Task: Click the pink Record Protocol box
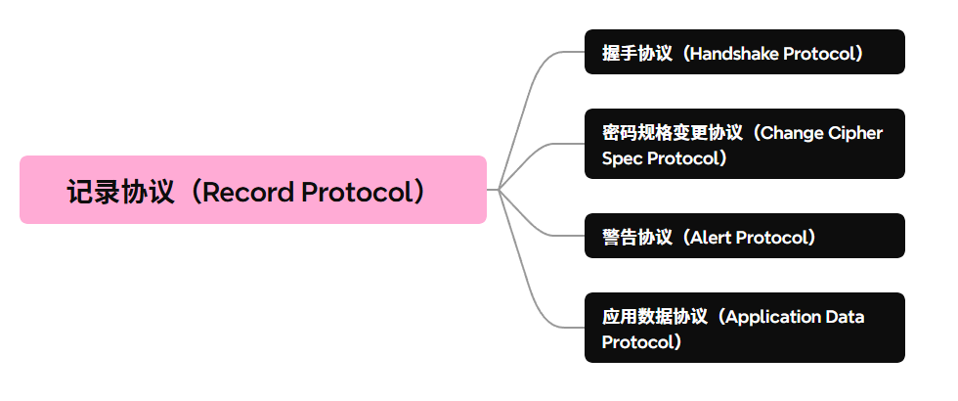(252, 190)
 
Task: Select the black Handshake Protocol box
(744, 53)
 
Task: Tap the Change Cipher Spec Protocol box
(744, 144)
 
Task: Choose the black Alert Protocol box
(744, 236)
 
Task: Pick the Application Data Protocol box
(744, 328)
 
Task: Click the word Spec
(622, 157)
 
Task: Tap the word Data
(845, 316)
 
